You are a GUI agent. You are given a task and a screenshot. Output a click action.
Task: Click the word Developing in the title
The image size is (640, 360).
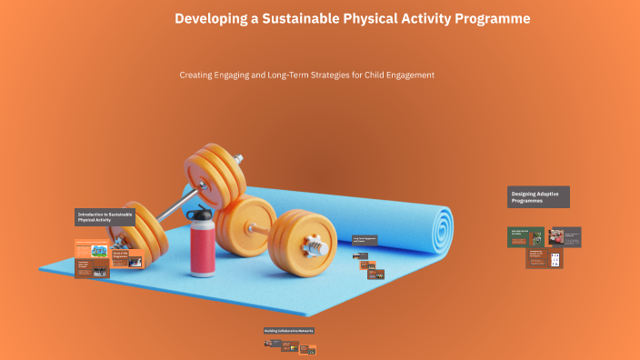(x=210, y=18)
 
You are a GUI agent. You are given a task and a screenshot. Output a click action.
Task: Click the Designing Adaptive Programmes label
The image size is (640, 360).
(x=538, y=196)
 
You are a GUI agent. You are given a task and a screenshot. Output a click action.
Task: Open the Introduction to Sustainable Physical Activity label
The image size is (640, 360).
(x=105, y=217)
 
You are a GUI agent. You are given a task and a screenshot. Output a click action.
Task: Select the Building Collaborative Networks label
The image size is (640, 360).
(x=289, y=331)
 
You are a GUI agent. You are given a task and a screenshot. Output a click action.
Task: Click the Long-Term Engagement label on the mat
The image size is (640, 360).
(x=365, y=240)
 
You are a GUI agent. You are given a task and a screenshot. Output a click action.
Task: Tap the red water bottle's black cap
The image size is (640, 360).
(x=202, y=215)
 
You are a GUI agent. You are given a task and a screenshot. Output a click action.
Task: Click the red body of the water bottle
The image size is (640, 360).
(x=203, y=249)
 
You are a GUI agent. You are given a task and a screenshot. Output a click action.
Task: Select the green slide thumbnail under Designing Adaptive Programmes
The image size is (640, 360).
(x=525, y=237)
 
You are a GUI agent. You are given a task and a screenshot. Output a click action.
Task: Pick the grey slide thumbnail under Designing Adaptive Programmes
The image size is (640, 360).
(x=565, y=237)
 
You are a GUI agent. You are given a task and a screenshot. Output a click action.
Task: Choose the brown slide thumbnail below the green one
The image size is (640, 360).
(x=544, y=258)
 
